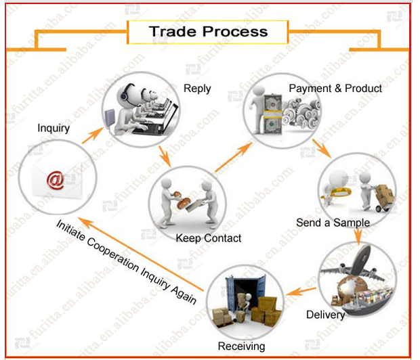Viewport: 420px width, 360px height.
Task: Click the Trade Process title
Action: click(208, 32)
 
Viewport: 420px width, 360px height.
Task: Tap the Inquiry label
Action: click(54, 128)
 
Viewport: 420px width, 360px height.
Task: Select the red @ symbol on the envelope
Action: click(56, 181)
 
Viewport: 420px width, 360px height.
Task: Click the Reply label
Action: click(197, 89)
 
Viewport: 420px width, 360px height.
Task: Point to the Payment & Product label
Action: click(335, 89)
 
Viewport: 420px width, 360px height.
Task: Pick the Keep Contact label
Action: click(209, 238)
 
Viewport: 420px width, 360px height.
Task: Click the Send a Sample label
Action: click(333, 223)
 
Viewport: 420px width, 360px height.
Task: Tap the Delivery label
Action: click(325, 315)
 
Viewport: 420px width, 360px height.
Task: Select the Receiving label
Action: click(241, 346)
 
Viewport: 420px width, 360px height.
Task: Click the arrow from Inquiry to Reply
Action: click(93, 135)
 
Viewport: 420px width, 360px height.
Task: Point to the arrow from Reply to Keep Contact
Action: click(165, 156)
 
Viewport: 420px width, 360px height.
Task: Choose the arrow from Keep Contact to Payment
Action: click(234, 157)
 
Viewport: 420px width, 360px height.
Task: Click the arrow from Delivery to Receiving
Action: click(301, 291)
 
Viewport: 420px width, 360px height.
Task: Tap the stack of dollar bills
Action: click(273, 114)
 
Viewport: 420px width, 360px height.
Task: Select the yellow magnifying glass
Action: click(338, 192)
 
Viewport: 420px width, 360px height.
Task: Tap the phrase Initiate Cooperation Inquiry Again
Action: click(127, 262)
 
